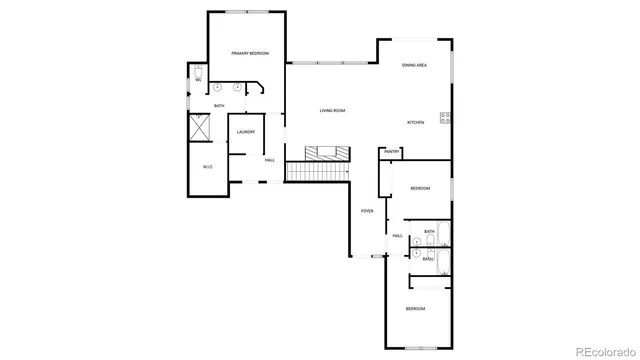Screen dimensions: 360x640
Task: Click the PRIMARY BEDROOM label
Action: click(x=247, y=53)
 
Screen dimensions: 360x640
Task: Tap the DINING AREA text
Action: click(x=415, y=65)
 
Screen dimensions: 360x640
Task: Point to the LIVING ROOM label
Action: click(x=332, y=110)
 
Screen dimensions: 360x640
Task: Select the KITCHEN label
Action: click(x=415, y=122)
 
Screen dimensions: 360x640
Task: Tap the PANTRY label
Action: click(x=391, y=152)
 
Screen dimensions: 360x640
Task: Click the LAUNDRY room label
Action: click(x=246, y=132)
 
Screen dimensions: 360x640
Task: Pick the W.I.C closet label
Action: click(x=207, y=166)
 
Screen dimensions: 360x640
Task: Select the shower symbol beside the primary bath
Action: click(x=198, y=128)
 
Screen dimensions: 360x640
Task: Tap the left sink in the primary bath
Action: click(x=217, y=87)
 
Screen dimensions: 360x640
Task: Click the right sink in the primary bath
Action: click(x=237, y=87)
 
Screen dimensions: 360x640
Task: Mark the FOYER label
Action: click(x=367, y=211)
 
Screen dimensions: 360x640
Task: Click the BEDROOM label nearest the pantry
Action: click(x=420, y=188)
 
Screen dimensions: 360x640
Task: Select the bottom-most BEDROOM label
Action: click(x=415, y=309)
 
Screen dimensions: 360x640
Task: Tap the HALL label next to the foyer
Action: click(x=397, y=236)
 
